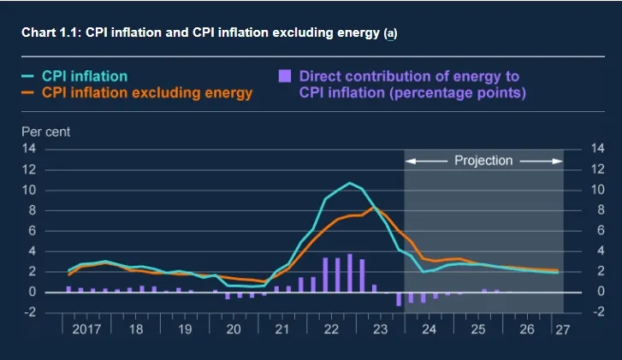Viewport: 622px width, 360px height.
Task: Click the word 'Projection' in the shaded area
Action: pos(483,160)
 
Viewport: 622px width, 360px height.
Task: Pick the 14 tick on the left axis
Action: pos(29,149)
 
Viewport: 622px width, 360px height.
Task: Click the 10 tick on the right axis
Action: pos(597,189)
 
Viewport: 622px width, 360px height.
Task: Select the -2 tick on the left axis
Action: pos(29,312)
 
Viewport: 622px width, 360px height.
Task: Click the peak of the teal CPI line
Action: pos(349,183)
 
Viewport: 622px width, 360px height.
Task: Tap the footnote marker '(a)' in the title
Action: pos(391,33)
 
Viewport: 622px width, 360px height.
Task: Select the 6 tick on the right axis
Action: pos(597,230)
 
